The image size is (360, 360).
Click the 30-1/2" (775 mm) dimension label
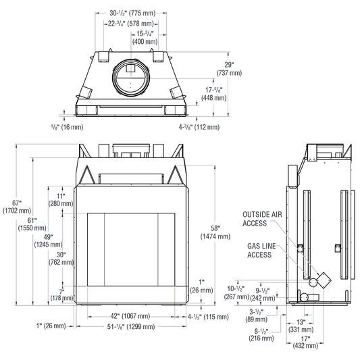tap(132, 13)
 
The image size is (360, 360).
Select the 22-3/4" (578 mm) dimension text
tap(131, 24)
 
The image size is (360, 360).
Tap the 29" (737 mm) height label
tap(229, 69)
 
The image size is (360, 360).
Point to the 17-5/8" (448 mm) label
tap(213, 94)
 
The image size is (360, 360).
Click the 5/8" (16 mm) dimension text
tap(68, 127)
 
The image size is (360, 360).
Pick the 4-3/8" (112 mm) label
tap(199, 127)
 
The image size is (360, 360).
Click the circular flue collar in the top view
tap(131, 78)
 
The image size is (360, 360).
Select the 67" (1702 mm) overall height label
tap(16, 207)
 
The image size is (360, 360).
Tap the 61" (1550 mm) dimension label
tap(32, 224)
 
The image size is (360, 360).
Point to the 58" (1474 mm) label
tap(215, 232)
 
